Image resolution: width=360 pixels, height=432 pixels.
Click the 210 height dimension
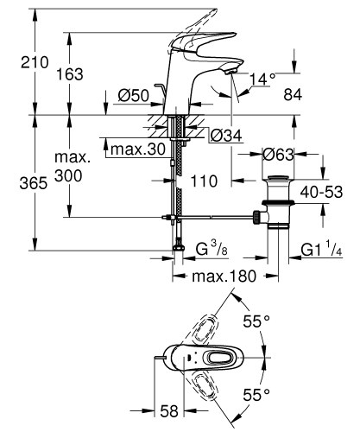click(x=18, y=62)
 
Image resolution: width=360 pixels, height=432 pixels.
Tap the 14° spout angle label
click(x=263, y=79)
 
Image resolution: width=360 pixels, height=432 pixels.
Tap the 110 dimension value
click(x=204, y=181)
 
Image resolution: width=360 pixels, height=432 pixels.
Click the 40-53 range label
click(x=324, y=192)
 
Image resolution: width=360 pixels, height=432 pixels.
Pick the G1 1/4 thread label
click(x=320, y=251)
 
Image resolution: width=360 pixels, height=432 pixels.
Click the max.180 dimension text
click(x=224, y=277)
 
